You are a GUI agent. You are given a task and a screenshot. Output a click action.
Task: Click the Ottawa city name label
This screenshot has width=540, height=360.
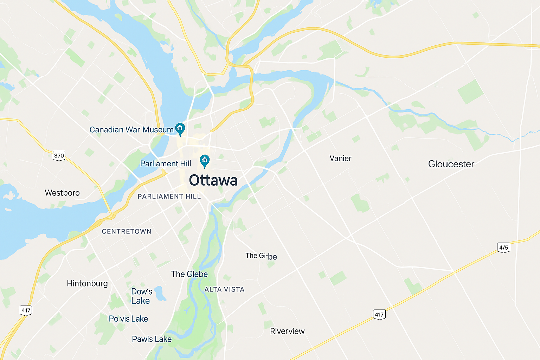coord(213,180)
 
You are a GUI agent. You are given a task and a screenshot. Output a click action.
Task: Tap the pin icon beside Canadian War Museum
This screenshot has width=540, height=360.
coord(180,129)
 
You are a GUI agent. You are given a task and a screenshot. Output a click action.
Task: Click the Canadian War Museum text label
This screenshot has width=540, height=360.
coord(131,130)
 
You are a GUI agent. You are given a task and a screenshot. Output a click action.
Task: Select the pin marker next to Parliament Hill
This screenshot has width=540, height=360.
coord(205,161)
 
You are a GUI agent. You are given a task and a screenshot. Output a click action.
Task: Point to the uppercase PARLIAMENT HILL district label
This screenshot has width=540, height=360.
coord(169,197)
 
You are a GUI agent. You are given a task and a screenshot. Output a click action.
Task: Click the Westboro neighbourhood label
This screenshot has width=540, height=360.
coord(62,193)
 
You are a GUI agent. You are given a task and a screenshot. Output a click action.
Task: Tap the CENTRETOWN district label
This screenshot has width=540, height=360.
coord(127,231)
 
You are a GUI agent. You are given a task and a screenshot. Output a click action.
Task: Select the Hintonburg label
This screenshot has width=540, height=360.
coord(87,283)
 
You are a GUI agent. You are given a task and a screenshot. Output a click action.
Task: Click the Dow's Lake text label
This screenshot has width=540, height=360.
coord(141,296)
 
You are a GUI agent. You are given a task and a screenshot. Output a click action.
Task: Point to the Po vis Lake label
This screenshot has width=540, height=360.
coord(128,319)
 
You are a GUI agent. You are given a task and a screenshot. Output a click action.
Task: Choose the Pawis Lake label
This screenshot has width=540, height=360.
coord(152,339)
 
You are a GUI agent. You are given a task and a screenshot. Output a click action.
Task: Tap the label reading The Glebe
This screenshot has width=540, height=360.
coord(189,274)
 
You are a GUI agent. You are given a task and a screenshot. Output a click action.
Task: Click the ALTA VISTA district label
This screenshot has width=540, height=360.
coord(224,290)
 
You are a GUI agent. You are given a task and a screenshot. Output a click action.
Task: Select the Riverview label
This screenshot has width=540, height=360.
coord(287,331)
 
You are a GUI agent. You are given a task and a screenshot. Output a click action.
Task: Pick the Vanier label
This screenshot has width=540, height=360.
coord(340,159)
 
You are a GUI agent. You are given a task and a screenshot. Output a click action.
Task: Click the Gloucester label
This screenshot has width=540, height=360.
coord(451,164)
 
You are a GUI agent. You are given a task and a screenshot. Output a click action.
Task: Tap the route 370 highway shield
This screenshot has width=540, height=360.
coord(59,155)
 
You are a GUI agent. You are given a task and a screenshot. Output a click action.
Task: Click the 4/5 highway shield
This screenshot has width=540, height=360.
coord(503,247)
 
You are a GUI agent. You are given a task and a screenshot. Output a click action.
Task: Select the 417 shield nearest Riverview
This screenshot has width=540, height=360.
coord(379,314)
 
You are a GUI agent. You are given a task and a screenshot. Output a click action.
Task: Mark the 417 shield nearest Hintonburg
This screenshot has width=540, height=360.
coord(26,310)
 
